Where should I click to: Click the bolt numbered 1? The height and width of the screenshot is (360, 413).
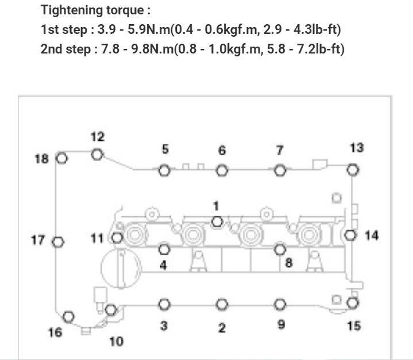(x=217, y=221)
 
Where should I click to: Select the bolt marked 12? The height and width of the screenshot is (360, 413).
(x=97, y=154)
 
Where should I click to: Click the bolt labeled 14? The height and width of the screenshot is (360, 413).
(x=351, y=235)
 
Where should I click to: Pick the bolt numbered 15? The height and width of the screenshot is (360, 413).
(x=353, y=303)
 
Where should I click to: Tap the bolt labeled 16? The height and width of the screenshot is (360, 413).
(x=68, y=316)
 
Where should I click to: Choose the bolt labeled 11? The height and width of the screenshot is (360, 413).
(x=117, y=238)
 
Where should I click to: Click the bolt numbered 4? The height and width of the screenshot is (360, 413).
(x=164, y=249)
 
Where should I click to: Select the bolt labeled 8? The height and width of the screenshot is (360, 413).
(x=280, y=249)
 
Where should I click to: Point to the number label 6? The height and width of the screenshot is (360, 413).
(x=222, y=151)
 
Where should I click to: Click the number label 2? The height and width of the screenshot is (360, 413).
(x=222, y=328)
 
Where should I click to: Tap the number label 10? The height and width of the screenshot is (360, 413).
(x=116, y=342)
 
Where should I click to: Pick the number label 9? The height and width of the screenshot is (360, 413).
(x=281, y=324)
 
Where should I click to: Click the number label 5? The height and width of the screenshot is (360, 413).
(x=165, y=150)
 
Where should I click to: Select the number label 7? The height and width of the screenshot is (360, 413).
(x=280, y=151)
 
